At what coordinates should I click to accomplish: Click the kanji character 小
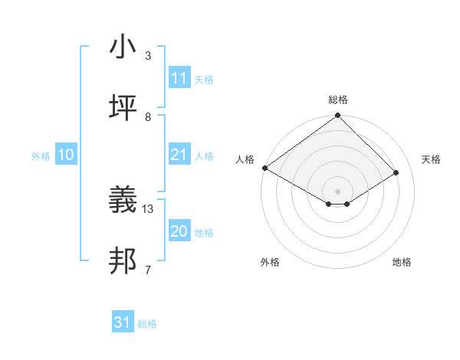tap(123, 47)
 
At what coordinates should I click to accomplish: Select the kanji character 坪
tap(123, 108)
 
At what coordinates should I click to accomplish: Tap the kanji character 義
tap(123, 200)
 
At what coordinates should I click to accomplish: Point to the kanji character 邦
tap(123, 261)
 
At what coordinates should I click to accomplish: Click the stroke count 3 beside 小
tap(148, 56)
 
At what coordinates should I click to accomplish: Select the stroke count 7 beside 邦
tap(148, 270)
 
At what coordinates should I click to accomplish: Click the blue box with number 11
tap(179, 78)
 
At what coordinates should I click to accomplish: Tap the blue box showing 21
tap(179, 155)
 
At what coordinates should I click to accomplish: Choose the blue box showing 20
tap(179, 231)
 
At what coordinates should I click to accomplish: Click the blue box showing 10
tap(65, 155)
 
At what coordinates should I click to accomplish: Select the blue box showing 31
tap(123, 322)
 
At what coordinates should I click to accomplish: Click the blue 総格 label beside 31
tap(148, 324)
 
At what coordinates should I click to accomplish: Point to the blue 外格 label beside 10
tap(41, 156)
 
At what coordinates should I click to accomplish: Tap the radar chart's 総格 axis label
tap(338, 100)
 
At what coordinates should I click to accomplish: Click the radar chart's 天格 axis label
tap(431, 159)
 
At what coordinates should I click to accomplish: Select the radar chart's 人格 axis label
tap(245, 159)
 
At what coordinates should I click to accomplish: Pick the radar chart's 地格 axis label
tap(402, 262)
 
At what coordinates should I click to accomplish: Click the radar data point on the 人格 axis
tap(264, 168)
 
